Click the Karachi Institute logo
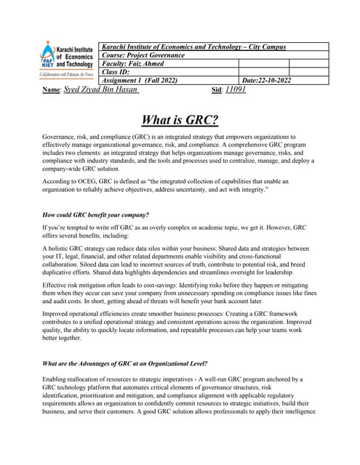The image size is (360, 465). (67, 61)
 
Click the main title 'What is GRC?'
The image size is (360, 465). (180, 120)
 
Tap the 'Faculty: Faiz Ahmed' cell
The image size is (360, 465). (135, 63)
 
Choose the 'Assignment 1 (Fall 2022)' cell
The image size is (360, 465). (140, 80)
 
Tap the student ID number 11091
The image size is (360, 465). (236, 89)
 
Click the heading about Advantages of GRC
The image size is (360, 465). (124, 363)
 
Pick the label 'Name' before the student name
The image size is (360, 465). (51, 89)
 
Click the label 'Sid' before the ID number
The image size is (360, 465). (216, 89)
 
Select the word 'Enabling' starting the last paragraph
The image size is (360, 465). (57, 379)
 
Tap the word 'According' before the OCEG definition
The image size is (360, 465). (60, 181)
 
